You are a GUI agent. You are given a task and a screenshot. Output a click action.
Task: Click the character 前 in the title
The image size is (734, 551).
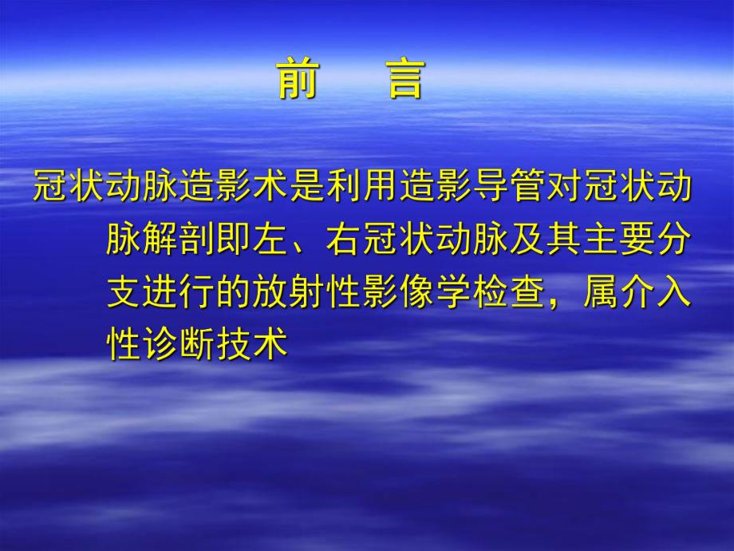point(297,81)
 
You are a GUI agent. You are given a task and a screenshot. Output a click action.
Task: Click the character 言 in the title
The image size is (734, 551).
point(406,81)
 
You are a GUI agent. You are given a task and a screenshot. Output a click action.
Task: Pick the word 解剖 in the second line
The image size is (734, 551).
point(180,239)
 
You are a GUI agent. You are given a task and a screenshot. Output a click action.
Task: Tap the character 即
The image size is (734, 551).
point(235,239)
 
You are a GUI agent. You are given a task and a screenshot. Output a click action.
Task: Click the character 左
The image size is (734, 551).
point(271,239)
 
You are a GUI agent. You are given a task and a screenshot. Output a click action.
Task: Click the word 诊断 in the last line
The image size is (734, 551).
point(180,345)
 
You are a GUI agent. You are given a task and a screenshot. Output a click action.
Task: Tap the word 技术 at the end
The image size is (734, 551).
point(253,345)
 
